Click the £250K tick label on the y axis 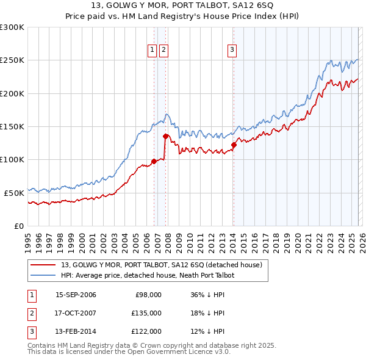[12, 60]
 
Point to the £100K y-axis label [12, 159]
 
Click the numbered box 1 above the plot [152, 51]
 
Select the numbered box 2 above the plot [164, 51]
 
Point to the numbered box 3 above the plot [232, 51]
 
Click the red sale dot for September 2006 [154, 161]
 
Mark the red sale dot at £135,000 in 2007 [165, 137]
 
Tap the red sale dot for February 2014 [234, 145]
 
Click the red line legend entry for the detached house [161, 265]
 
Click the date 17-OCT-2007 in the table [76, 313]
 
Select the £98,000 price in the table [148, 295]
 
